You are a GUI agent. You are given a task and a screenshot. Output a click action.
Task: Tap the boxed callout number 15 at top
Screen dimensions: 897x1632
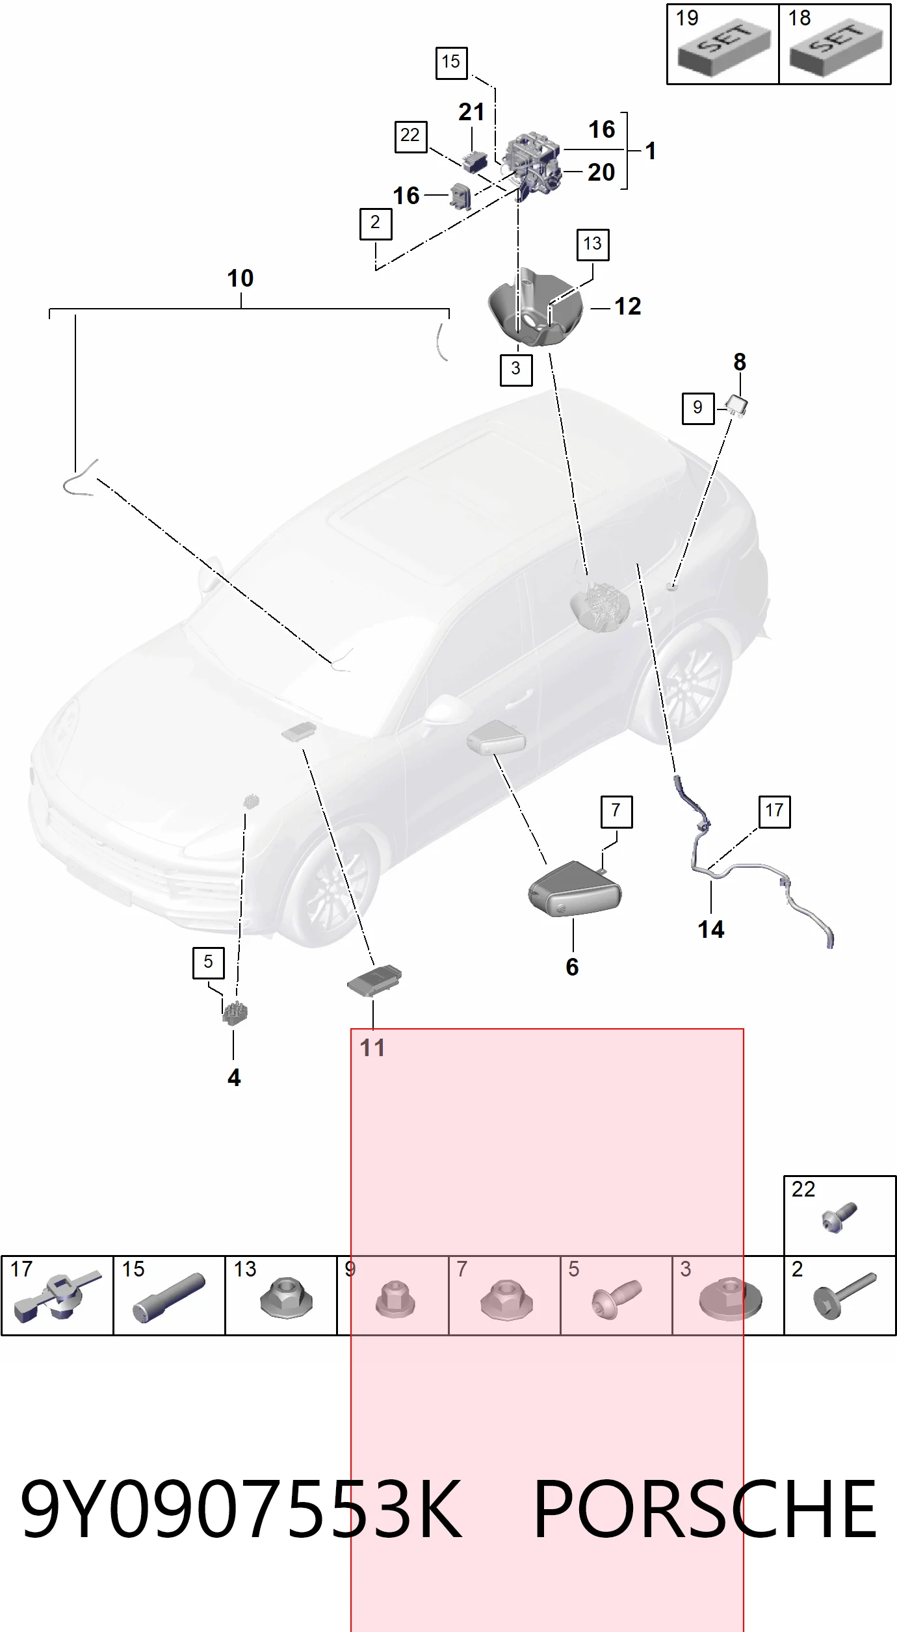click(x=451, y=63)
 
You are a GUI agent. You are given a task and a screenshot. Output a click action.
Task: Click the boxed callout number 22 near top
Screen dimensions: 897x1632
click(x=411, y=136)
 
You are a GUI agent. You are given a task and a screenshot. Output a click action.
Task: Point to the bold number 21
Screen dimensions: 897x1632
click(x=471, y=112)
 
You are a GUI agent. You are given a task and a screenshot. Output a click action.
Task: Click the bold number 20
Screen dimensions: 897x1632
click(x=601, y=172)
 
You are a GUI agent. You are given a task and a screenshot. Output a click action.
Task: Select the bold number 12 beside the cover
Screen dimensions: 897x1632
click(x=628, y=306)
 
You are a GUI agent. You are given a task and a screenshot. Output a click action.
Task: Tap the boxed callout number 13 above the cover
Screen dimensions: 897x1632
click(x=593, y=244)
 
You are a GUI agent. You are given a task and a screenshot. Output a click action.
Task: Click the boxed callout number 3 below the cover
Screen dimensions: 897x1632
click(x=516, y=369)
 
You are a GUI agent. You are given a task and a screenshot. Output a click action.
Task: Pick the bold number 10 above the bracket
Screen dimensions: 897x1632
click(x=240, y=278)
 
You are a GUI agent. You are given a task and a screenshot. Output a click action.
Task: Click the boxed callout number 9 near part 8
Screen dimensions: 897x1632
click(x=698, y=408)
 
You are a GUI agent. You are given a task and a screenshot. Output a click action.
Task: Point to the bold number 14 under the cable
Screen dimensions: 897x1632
click(x=711, y=929)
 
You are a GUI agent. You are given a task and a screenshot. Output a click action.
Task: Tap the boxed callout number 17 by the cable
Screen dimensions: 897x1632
click(x=775, y=811)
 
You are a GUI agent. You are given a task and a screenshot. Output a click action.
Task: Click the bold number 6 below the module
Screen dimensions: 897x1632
click(x=572, y=967)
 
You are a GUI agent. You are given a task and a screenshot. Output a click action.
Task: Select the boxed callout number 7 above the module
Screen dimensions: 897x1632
click(x=616, y=811)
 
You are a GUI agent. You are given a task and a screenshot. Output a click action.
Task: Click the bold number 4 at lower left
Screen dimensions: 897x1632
click(x=234, y=1078)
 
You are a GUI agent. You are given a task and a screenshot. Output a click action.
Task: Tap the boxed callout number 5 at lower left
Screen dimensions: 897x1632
click(x=208, y=963)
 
